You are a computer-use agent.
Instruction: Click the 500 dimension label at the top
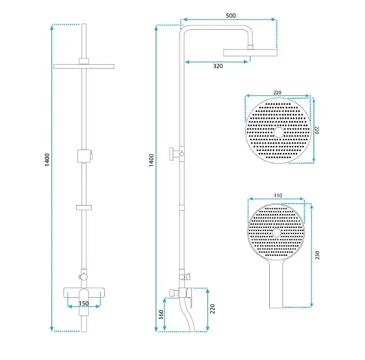(230, 16)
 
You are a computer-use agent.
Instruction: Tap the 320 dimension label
(218, 66)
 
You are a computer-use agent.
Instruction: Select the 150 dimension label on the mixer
(84, 303)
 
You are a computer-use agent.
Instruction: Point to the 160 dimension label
(161, 314)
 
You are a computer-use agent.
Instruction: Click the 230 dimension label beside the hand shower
(317, 255)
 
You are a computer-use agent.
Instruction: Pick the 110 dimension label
(278, 196)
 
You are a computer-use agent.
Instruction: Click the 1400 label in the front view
(47, 160)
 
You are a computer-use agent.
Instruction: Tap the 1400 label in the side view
(151, 160)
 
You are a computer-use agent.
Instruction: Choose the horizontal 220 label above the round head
(277, 93)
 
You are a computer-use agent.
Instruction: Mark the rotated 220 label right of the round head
(317, 130)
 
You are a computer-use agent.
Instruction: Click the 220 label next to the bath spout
(212, 309)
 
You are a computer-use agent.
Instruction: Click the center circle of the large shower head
(279, 132)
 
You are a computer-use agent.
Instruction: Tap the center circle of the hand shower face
(277, 232)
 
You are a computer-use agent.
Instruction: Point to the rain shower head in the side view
(251, 53)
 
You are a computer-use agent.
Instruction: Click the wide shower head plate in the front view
(84, 67)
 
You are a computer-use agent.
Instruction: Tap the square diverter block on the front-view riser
(84, 156)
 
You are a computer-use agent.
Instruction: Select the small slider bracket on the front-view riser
(84, 208)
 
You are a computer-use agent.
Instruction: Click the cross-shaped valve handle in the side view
(174, 154)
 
